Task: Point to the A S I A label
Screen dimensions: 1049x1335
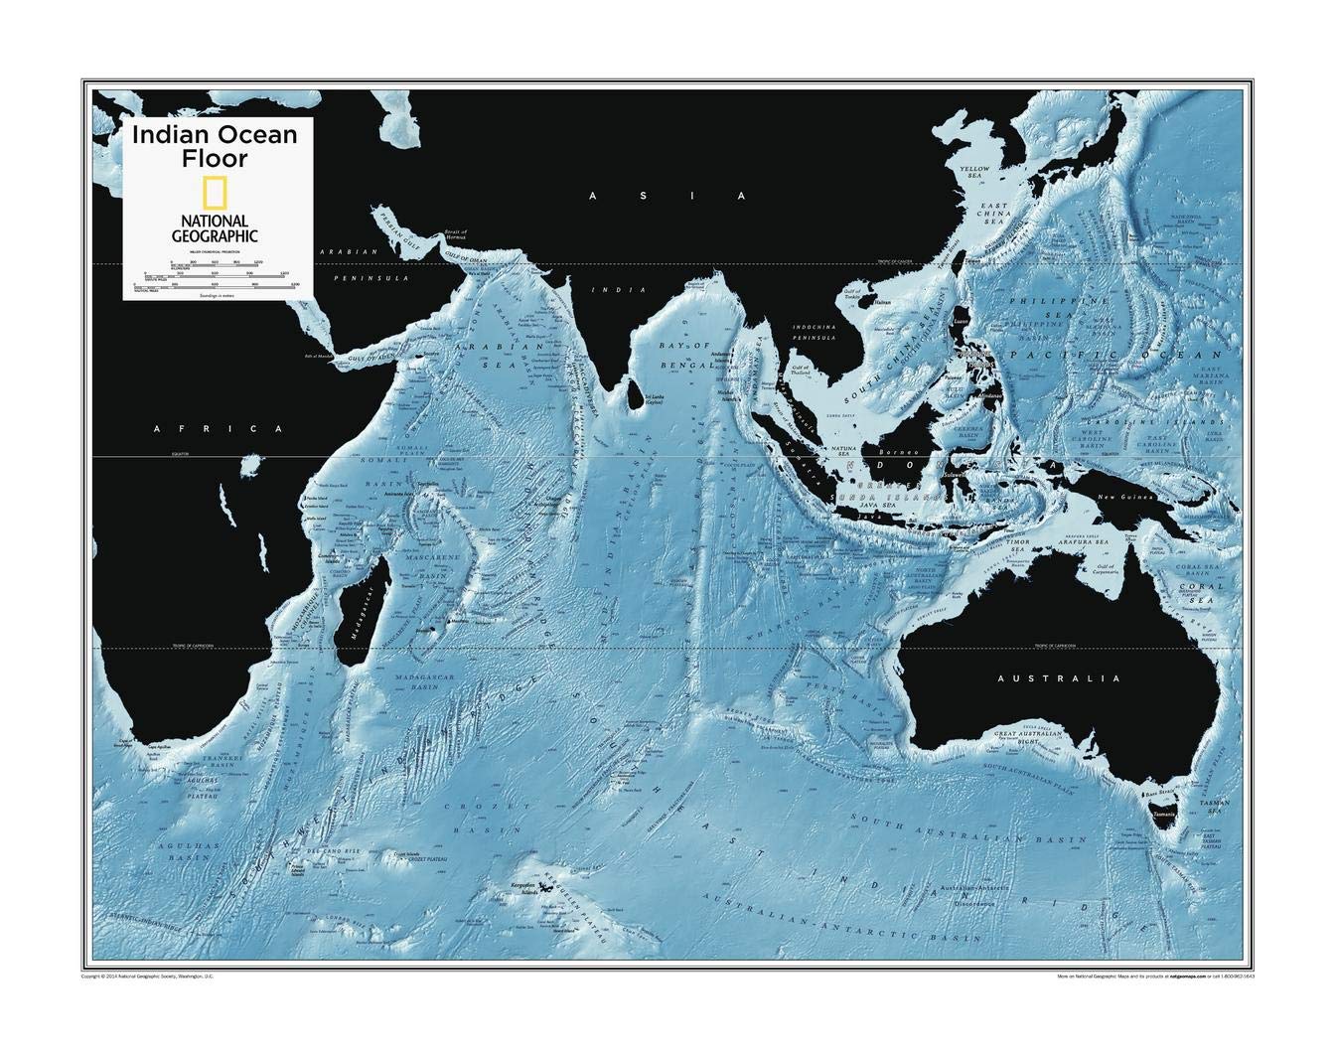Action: pos(667,197)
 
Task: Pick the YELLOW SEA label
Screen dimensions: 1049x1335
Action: pos(974,174)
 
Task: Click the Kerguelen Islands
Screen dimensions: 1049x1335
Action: pos(543,890)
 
